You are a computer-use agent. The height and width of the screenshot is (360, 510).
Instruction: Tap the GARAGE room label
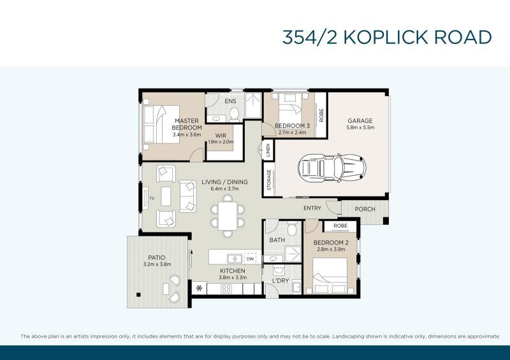click(x=360, y=121)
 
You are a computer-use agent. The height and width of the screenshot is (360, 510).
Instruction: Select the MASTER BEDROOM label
click(x=187, y=124)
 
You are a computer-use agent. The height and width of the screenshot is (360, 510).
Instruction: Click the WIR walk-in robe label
click(x=221, y=136)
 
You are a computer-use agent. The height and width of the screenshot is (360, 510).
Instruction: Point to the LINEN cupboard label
click(x=268, y=152)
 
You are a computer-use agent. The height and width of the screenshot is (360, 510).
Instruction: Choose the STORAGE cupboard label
click(x=268, y=180)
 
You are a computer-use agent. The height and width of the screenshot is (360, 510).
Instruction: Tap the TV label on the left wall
click(x=152, y=199)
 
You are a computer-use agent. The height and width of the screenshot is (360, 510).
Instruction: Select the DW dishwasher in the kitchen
click(x=250, y=259)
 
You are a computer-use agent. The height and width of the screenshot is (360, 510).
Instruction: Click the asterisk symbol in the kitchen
click(x=200, y=289)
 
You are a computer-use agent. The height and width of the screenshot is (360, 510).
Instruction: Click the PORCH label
click(x=365, y=209)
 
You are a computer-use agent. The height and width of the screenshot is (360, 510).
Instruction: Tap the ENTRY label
click(x=312, y=208)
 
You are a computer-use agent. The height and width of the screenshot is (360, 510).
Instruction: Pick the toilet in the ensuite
click(x=233, y=113)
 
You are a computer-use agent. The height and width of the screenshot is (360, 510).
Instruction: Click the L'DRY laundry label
click(x=280, y=281)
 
